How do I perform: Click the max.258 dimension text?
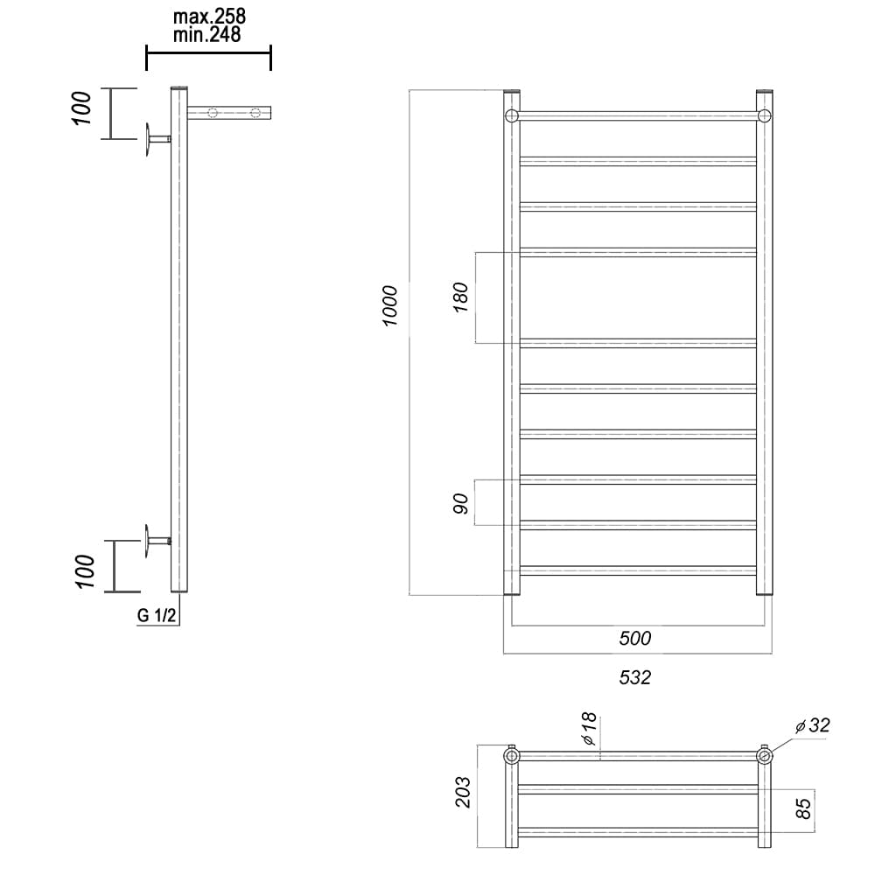point(209,17)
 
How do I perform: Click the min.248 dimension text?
point(207,35)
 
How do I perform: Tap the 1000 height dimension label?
point(390,305)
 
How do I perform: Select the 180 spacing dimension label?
point(461,297)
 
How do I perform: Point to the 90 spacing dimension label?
point(461,503)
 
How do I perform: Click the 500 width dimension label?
point(635,638)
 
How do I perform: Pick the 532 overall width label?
point(635,677)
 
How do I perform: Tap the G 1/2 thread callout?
point(157,615)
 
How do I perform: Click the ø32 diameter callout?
point(813,725)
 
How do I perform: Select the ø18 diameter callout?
point(589,730)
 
